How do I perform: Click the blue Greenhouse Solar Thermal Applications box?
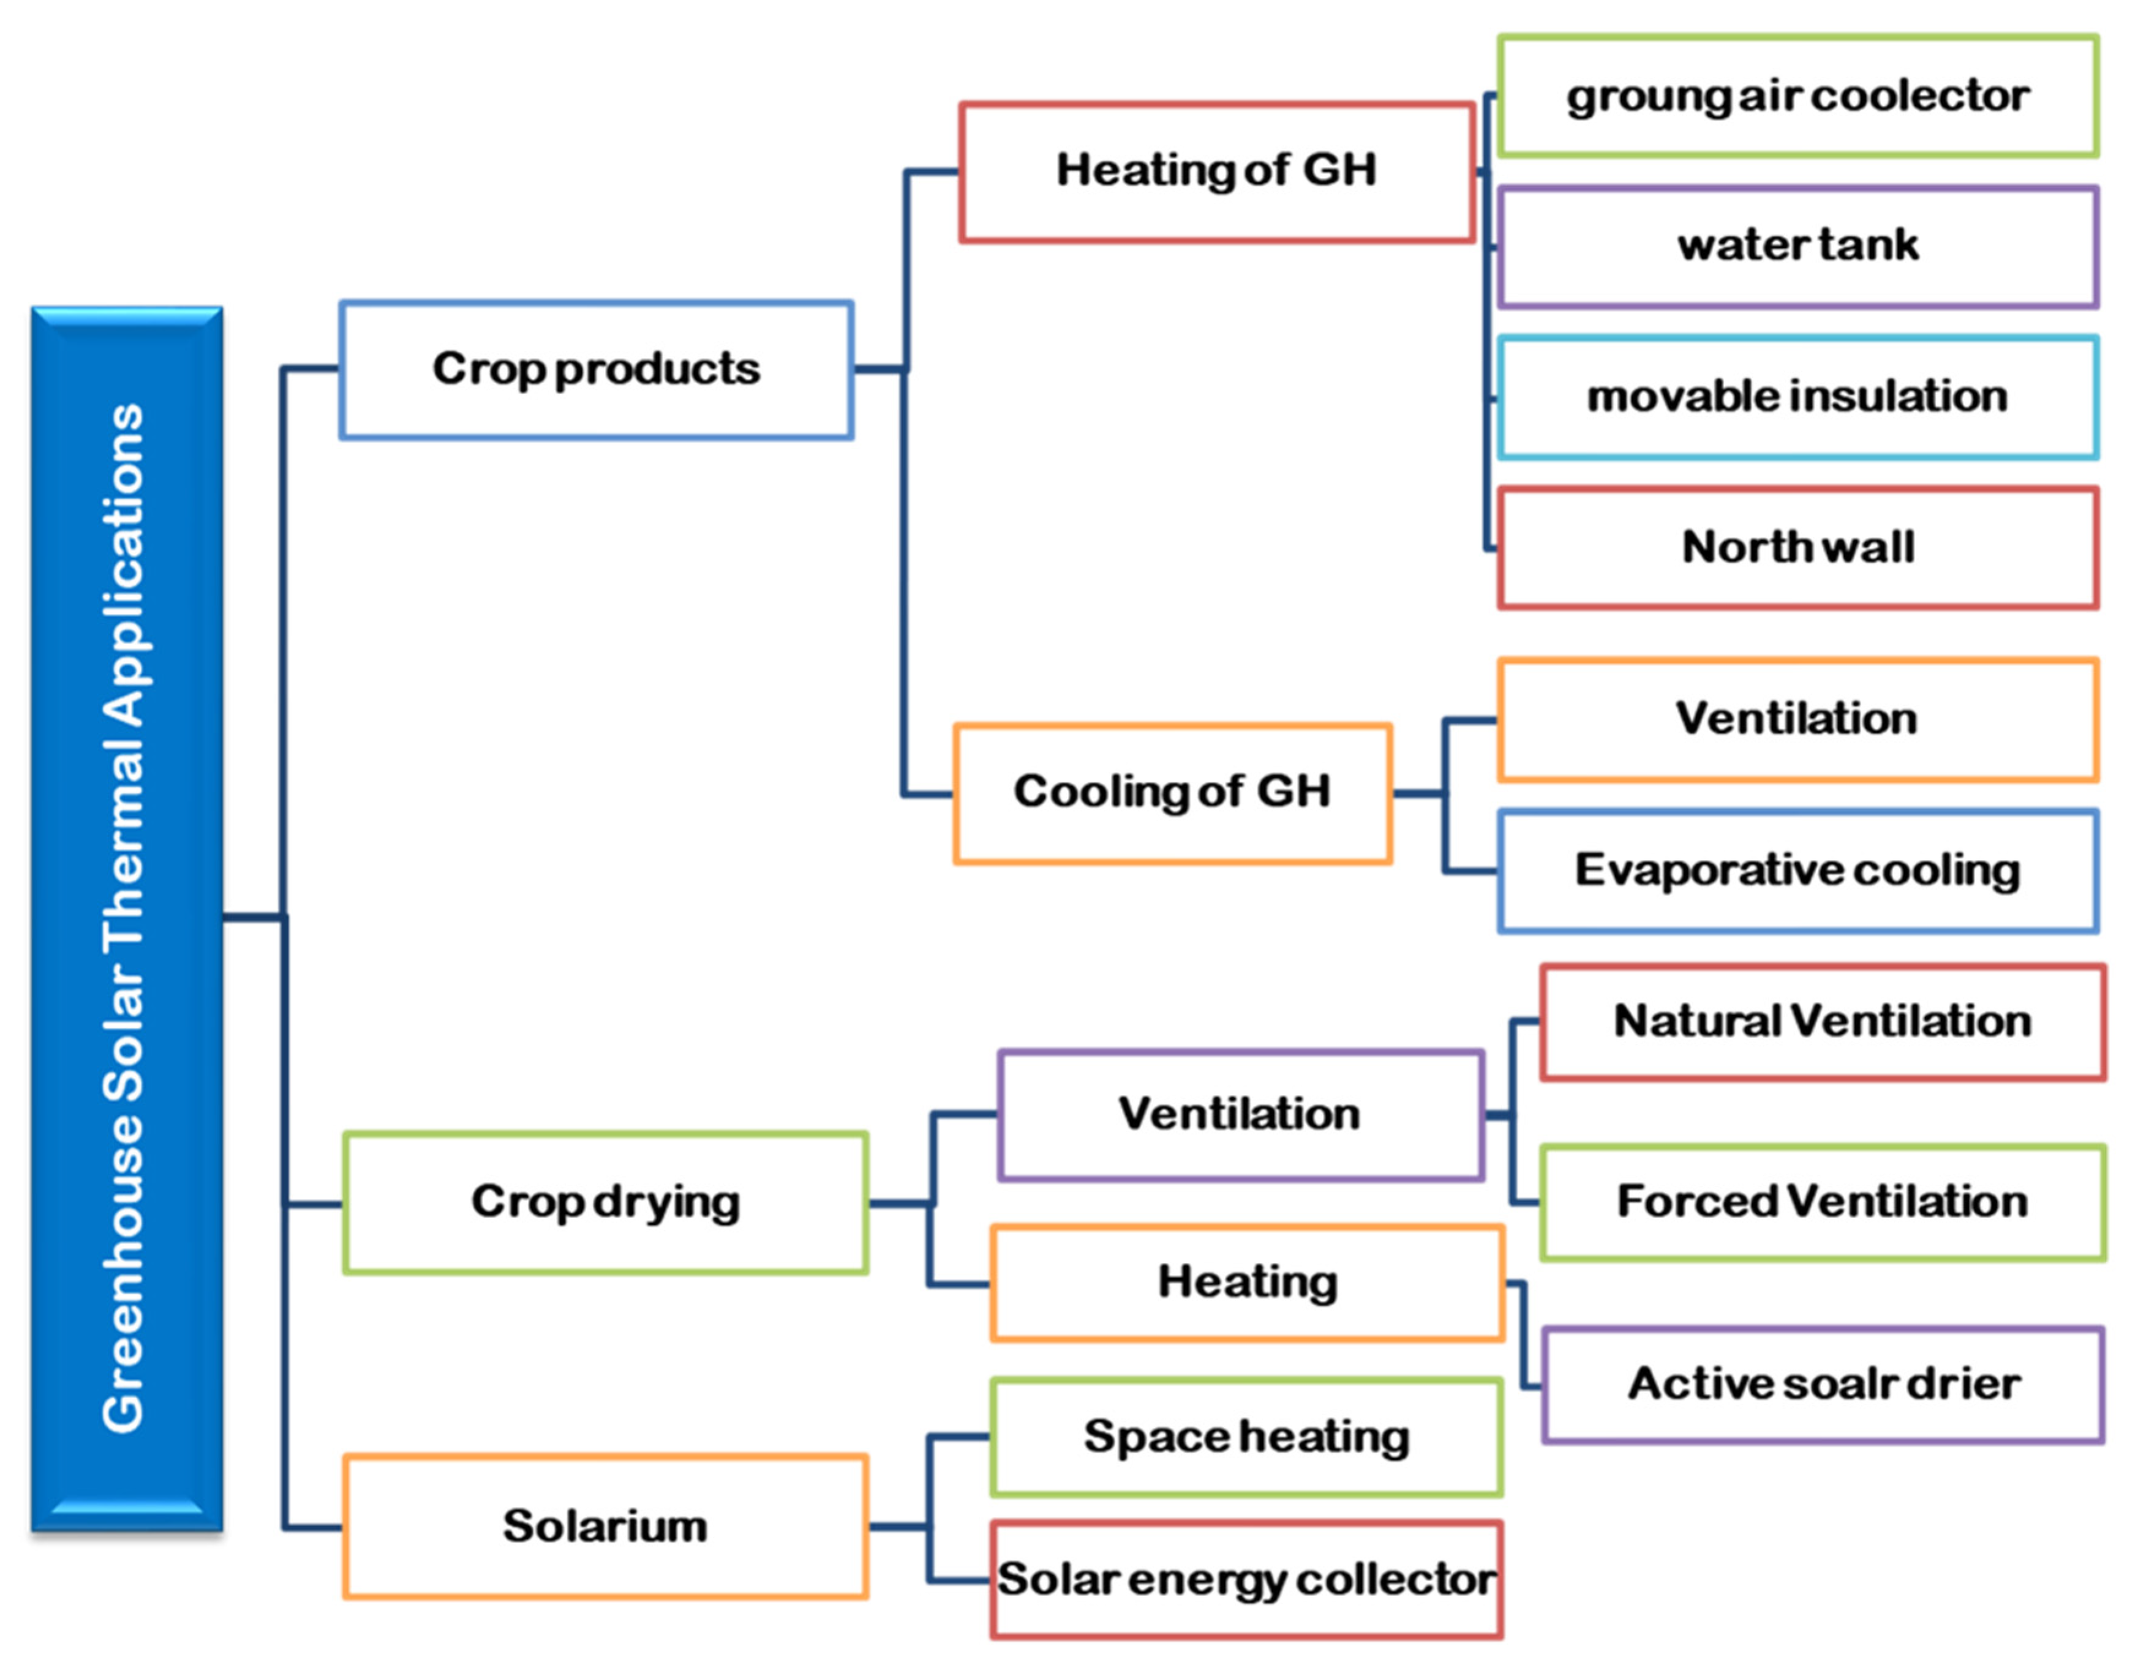[127, 919]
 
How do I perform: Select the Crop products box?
[597, 369]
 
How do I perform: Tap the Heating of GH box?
[1216, 172]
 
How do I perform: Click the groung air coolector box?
[1798, 96]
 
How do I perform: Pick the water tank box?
[1798, 247]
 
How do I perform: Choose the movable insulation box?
[1798, 397]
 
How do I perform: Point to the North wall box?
[1798, 547]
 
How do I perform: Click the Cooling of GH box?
[1172, 793]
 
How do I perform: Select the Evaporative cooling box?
[1798, 870]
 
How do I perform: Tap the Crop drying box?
[605, 1202]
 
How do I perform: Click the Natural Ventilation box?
[1823, 1022]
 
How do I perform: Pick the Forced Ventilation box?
[1823, 1202]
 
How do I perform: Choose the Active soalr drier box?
[1823, 1384]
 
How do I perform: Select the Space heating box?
[1246, 1437]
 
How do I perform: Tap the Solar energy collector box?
[1246, 1580]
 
